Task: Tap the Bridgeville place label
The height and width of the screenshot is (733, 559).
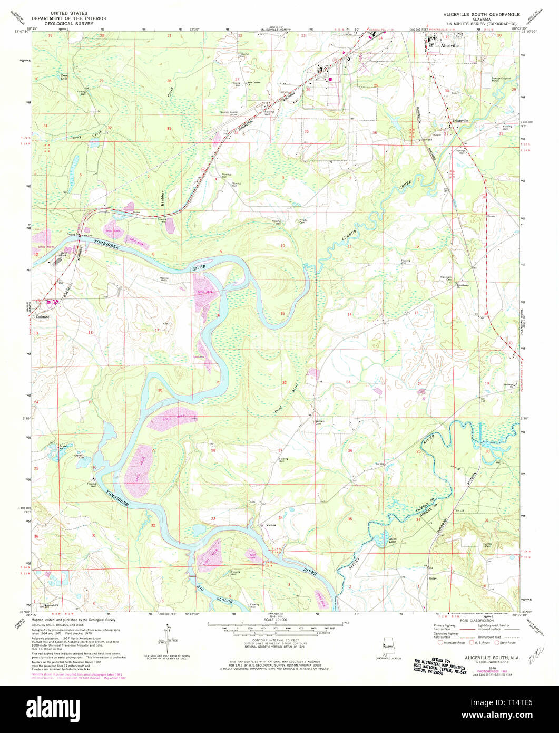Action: [460, 121]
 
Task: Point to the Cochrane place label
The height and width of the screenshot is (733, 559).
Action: [43, 317]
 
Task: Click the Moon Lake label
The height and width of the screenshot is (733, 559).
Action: [392, 541]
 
